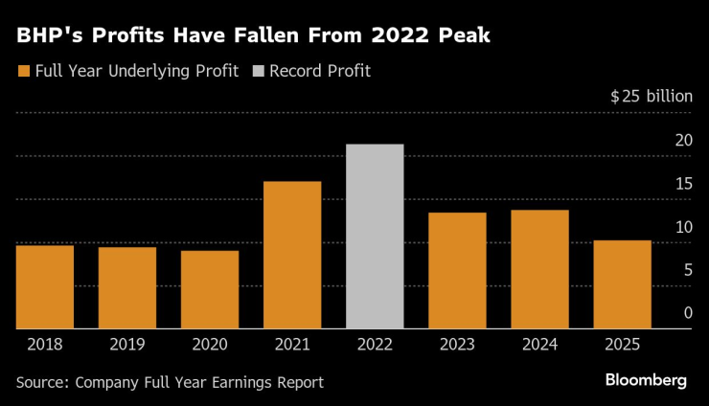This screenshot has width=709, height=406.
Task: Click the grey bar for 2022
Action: point(375,237)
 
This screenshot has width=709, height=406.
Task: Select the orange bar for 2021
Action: point(292,255)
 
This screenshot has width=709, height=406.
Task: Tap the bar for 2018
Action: point(45,286)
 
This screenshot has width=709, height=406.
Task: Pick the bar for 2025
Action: point(622,284)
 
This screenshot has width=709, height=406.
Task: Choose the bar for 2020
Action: point(210,289)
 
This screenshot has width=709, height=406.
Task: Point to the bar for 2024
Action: point(539,269)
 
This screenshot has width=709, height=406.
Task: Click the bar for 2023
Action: point(457,270)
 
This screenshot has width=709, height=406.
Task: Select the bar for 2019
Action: point(127,287)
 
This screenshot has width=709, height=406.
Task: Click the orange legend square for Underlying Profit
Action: point(23,71)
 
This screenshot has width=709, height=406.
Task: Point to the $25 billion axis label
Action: point(651,97)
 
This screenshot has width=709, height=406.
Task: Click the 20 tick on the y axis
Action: point(682,140)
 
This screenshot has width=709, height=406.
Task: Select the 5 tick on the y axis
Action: point(687,270)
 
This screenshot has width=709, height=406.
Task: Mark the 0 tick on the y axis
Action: point(687,313)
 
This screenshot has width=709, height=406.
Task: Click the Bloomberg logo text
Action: point(645,380)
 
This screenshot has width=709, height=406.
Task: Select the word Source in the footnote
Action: point(43,382)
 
